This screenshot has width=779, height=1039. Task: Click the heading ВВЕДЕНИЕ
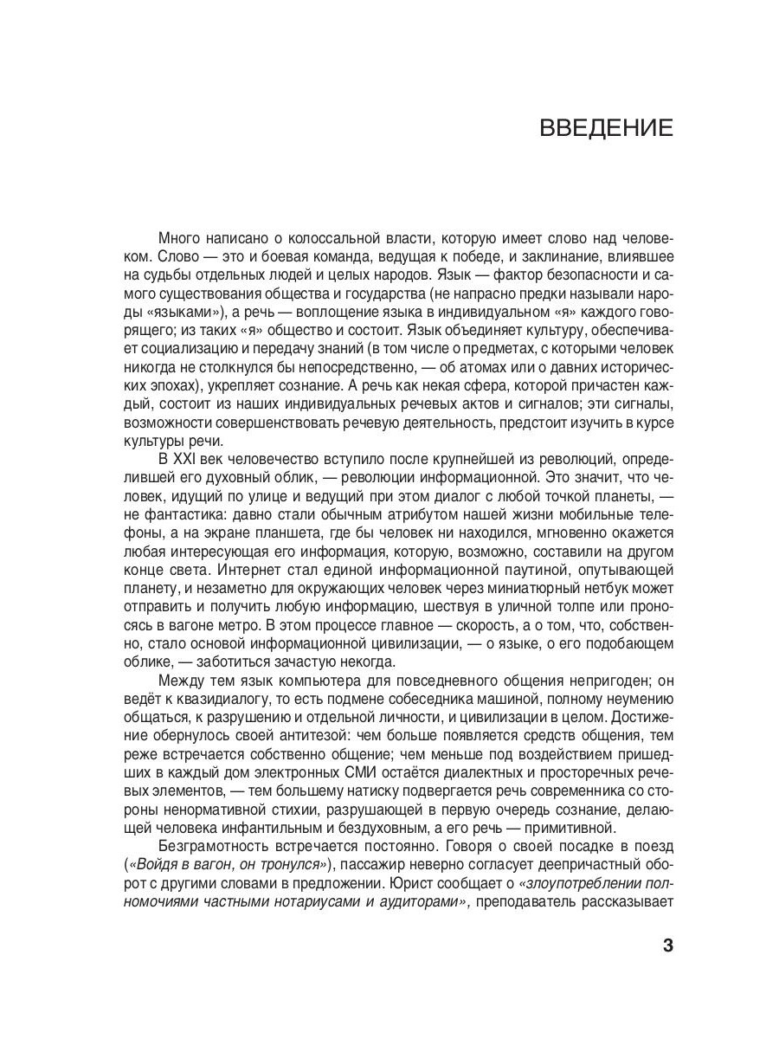(x=606, y=129)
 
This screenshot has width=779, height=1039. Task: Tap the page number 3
(x=667, y=945)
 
